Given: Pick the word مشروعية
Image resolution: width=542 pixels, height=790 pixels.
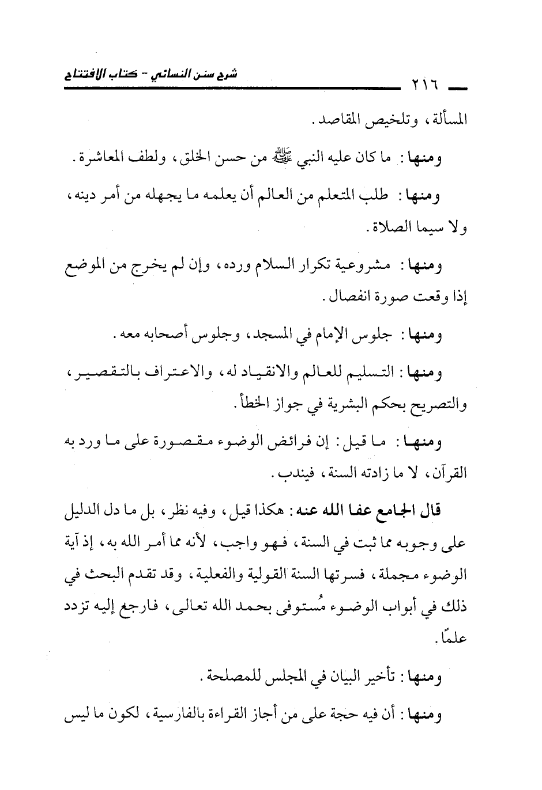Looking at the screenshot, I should [364, 267].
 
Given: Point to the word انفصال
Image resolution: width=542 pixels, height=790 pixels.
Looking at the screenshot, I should [349, 299].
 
